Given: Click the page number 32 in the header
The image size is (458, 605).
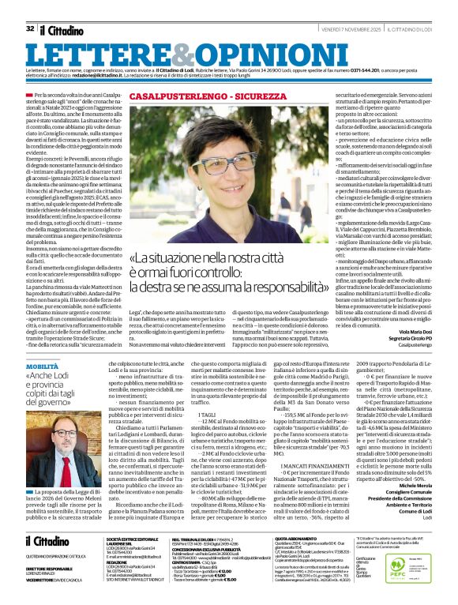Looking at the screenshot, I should coord(30,28).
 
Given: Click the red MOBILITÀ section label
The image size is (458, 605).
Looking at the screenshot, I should coord(41,367).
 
